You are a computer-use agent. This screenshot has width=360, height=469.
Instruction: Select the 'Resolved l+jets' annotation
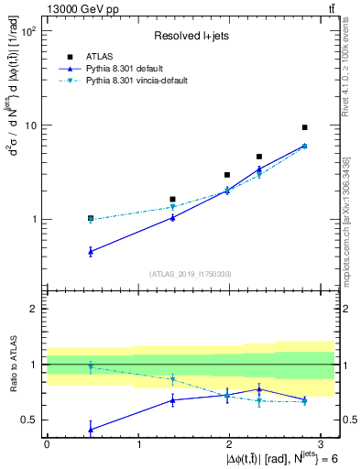(190, 36)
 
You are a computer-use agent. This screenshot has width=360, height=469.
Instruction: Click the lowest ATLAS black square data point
(90, 219)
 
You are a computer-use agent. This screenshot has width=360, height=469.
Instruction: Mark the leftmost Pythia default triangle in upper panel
(90, 251)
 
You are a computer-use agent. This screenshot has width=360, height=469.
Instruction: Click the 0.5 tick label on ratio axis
(27, 420)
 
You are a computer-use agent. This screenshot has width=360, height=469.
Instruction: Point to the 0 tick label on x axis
(47, 444)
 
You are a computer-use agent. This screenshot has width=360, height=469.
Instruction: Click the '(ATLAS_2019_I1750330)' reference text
(191, 274)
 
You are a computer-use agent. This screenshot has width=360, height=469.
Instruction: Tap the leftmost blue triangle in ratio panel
(90, 428)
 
